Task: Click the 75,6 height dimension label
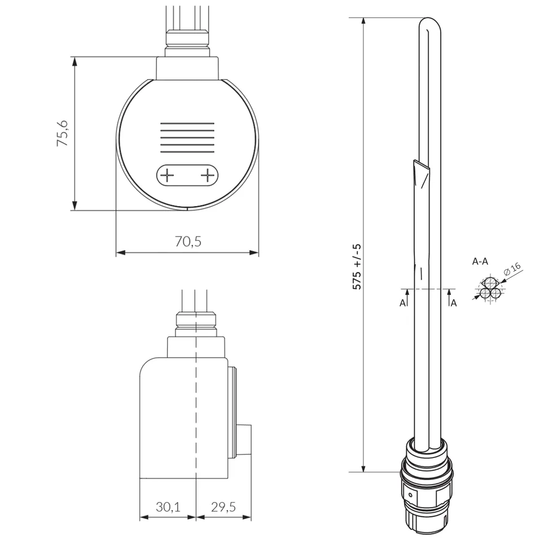[x=63, y=133]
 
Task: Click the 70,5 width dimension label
[x=188, y=241]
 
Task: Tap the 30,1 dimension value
[x=168, y=507]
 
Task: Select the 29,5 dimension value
[x=223, y=507]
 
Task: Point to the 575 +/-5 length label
[x=357, y=267]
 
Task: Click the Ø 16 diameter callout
[x=512, y=269]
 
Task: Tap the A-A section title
[x=480, y=261]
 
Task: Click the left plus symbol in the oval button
[x=167, y=175]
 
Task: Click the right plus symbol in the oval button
[x=207, y=175]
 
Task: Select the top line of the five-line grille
[x=187, y=123]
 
